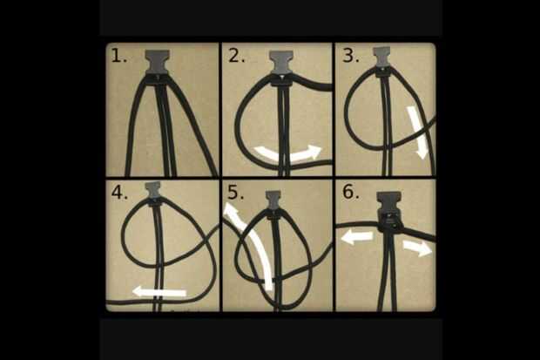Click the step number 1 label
(x=118, y=56)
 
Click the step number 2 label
(x=236, y=56)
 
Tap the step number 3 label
(x=351, y=55)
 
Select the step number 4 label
(x=119, y=193)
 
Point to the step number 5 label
(x=235, y=193)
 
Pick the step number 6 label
(x=351, y=192)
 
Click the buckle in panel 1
(x=158, y=63)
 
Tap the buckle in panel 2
(x=281, y=68)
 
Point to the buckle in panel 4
(x=153, y=193)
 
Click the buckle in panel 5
(x=273, y=203)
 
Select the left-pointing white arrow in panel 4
(x=159, y=292)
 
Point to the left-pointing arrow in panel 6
(x=357, y=237)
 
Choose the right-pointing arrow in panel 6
(x=417, y=248)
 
